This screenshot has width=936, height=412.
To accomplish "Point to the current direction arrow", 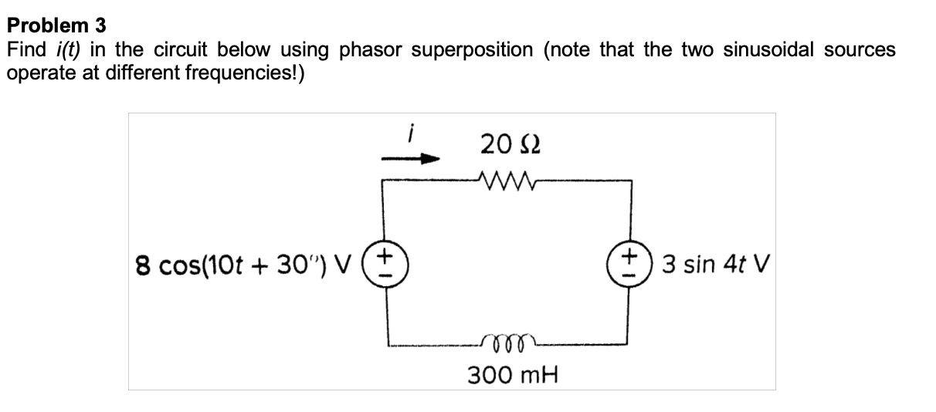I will [x=412, y=160].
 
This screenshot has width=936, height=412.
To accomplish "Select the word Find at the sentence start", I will [x=25, y=50].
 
